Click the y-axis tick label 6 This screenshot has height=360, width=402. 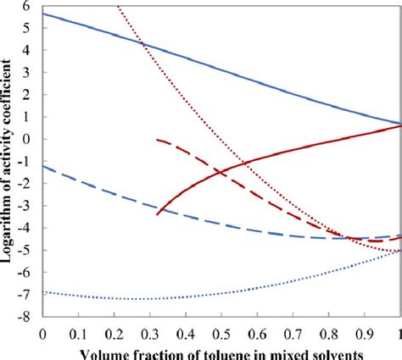point(31,6)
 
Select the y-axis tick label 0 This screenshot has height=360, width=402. point(31,139)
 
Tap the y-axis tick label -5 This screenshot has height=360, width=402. point(28,250)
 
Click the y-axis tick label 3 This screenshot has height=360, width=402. point(31,73)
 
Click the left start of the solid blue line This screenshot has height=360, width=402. point(43,14)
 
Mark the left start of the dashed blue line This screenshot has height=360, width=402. point(43,167)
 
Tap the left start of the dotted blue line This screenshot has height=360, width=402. point(43,292)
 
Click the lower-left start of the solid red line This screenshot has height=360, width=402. point(158,214)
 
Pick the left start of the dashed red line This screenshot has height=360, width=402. point(158,139)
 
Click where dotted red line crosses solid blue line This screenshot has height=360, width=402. point(142,45)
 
